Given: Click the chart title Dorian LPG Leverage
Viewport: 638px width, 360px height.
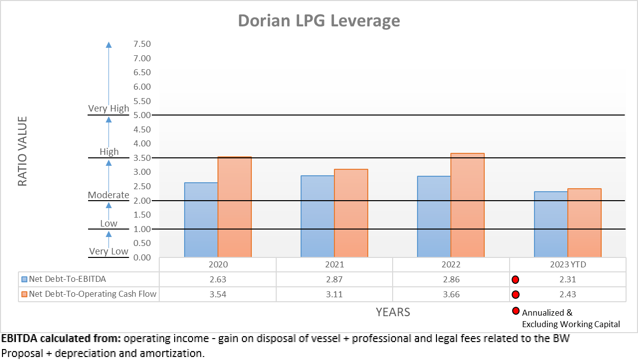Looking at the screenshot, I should coord(319,21).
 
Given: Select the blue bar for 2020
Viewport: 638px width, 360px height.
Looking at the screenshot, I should coord(201,220).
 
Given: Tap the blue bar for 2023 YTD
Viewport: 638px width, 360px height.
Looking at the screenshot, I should coord(551,224).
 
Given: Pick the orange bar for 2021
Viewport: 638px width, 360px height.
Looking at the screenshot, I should coord(351,213).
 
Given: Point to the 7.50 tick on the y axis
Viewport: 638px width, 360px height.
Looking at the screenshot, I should coord(142,44).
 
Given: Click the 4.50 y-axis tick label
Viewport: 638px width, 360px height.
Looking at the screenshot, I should coord(142,129).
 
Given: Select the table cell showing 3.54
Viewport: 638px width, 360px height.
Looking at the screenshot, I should coord(218,294).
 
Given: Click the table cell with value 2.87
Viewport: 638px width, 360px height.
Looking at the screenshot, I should coord(334,279).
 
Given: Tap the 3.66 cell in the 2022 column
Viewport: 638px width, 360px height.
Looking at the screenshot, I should coord(451,294).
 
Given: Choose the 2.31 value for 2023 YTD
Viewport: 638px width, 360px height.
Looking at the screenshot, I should coord(567,279).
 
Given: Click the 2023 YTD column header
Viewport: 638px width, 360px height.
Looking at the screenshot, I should coord(567,265).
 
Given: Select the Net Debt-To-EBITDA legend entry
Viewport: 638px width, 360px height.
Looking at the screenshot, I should coord(67,279).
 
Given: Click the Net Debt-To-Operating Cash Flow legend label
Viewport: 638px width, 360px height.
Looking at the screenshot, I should coord(93,294).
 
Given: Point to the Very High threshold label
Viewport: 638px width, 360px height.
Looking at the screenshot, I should coord(108,108).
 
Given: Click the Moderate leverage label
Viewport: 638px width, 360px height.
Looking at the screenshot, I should coord(108,195).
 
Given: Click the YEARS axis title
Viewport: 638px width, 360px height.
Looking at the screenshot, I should coord(393,312).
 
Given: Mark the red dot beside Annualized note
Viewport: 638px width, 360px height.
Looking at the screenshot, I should coord(516,312).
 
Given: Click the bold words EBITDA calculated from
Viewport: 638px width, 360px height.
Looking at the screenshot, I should coord(61,339).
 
